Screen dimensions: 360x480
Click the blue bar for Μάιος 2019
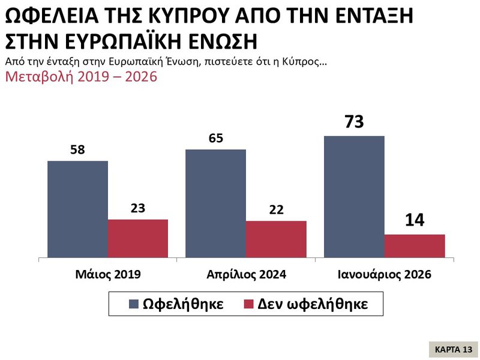[78, 209]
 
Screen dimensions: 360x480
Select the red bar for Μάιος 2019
[138, 239]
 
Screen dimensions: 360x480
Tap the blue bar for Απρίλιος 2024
[216, 204]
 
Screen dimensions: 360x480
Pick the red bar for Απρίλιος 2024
[276, 239]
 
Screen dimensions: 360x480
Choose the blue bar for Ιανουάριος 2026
[354, 197]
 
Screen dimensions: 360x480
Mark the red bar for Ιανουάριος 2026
[415, 246]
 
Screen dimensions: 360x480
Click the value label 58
[78, 150]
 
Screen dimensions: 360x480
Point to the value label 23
[138, 209]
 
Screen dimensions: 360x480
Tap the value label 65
[216, 139]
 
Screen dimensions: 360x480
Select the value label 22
[276, 210]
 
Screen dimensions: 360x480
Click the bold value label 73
[354, 122]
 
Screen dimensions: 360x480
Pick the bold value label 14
[415, 220]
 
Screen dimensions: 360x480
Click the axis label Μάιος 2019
[108, 275]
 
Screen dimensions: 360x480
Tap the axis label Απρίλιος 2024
[246, 275]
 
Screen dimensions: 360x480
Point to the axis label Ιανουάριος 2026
[385, 275]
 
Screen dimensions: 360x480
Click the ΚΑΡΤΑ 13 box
[453, 349]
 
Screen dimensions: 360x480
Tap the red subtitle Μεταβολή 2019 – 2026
[81, 77]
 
